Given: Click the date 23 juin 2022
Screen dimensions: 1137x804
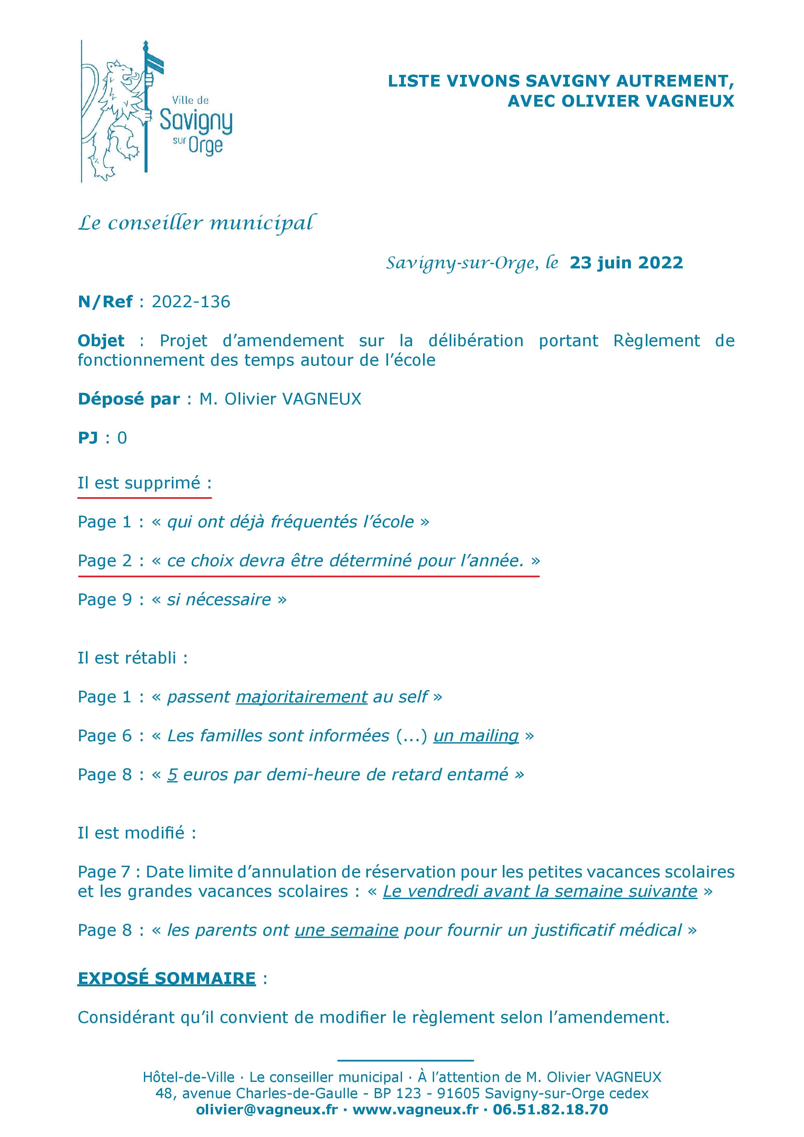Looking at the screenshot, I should coord(626,263).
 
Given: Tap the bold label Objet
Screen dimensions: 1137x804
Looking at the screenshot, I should coord(101,341).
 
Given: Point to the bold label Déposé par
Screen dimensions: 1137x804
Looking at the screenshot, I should coord(128,399).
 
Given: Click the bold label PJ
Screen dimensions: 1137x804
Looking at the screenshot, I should coord(88,438).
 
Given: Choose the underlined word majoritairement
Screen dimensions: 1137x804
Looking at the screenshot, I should coord(301,697).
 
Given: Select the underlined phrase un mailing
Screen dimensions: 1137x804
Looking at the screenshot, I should coord(476,736).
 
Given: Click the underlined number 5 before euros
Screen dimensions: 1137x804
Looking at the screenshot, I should coord(172,775).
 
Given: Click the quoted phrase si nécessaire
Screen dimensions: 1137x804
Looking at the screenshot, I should coord(219,600).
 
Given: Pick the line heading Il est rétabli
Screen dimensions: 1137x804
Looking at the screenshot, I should coord(132,658).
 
